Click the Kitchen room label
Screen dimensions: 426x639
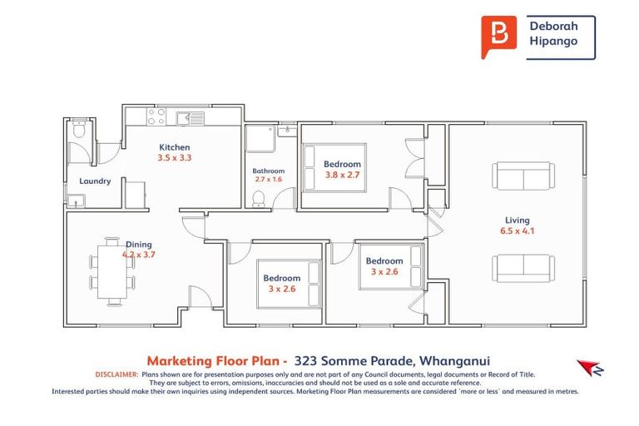[x=175, y=147]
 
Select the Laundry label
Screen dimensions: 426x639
[x=95, y=181]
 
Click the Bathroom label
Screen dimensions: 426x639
[x=268, y=171]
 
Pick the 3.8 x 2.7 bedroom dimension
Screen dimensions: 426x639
[x=342, y=175]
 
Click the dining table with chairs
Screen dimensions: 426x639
[x=111, y=270]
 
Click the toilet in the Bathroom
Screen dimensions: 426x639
[x=259, y=197]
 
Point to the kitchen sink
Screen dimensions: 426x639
[x=196, y=118]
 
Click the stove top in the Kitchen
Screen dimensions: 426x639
[x=156, y=117]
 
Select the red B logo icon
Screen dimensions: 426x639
[x=498, y=37]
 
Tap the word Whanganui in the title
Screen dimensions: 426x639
[x=454, y=361]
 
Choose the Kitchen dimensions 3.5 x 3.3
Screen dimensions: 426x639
[x=175, y=157]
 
